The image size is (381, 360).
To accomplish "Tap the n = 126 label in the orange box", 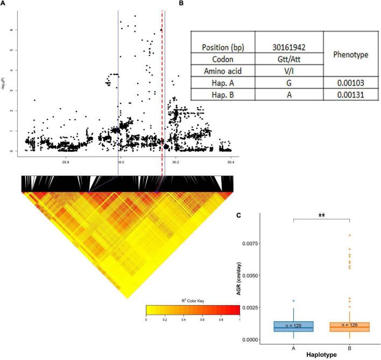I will pyautogui.click(x=349, y=326).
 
